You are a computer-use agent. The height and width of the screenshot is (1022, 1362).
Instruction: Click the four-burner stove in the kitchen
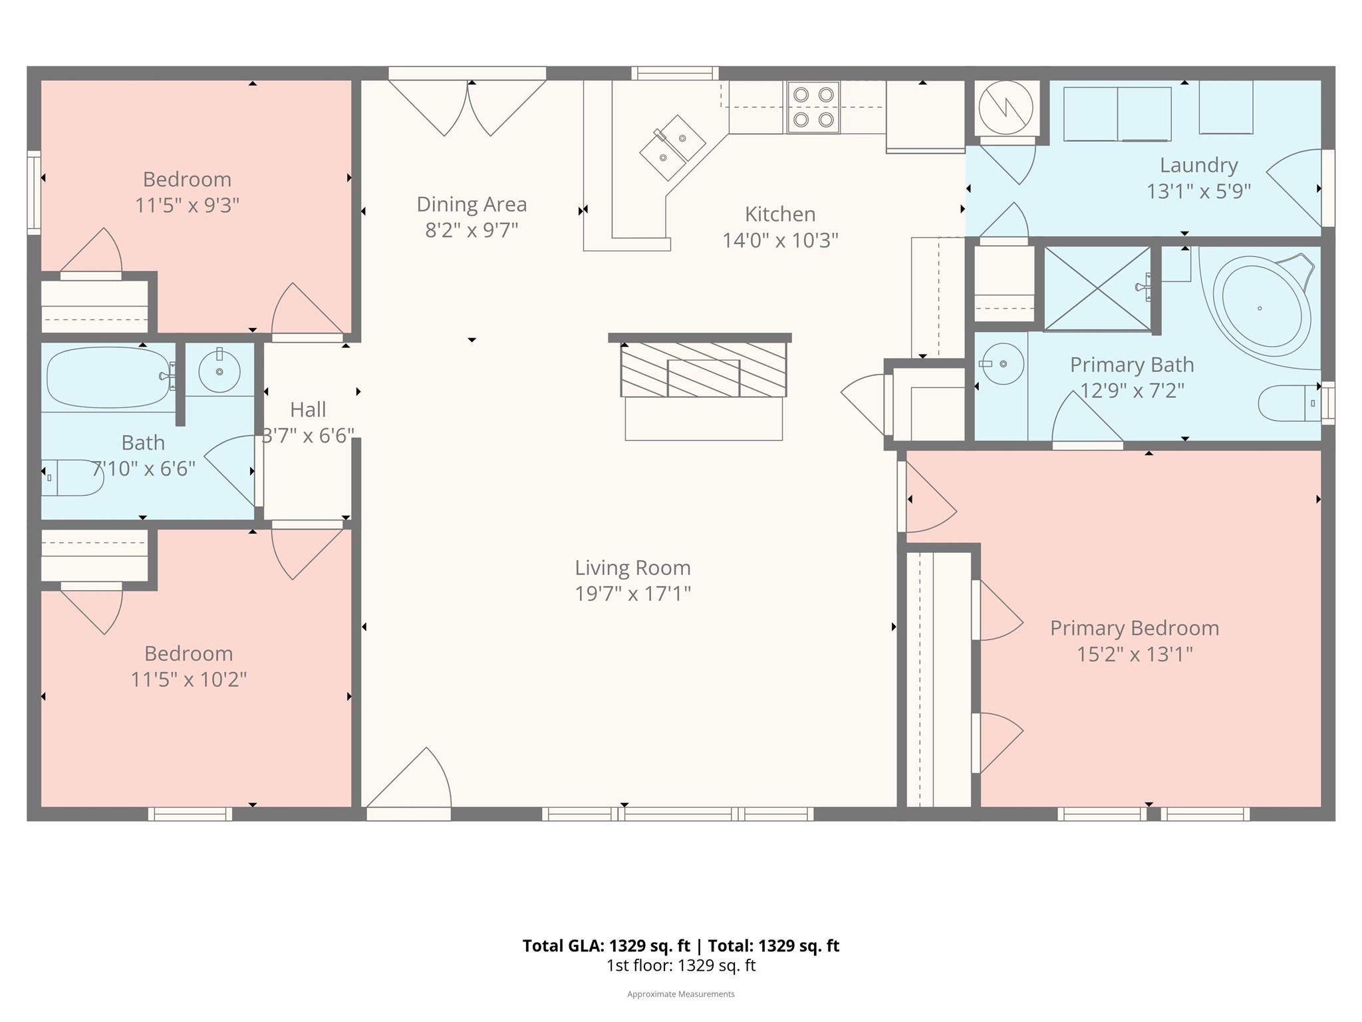point(813,107)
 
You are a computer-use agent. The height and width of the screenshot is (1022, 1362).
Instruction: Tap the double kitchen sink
point(672,148)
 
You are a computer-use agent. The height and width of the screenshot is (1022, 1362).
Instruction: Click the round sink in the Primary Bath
point(1003,364)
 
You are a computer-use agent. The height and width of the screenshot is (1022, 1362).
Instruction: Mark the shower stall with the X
point(1097,289)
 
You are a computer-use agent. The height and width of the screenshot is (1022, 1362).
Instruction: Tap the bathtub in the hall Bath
point(107,377)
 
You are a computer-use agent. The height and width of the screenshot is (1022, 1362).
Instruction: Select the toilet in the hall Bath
point(71,478)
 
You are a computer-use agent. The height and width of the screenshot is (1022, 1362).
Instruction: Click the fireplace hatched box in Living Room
point(704,369)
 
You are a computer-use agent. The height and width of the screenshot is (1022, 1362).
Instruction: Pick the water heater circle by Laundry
point(1006,108)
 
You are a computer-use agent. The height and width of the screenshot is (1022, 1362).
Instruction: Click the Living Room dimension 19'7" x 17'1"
point(632,594)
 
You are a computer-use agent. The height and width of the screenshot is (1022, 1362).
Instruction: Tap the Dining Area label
point(472,204)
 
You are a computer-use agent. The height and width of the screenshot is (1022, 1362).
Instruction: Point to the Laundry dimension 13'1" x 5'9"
point(1198,192)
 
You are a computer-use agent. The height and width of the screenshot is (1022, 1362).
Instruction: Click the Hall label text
point(308,409)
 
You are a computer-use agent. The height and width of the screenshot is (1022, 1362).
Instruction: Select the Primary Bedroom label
point(1134,628)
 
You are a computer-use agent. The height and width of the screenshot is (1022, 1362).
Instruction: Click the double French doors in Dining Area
point(468,106)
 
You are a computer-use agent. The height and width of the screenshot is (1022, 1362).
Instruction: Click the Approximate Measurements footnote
point(680,994)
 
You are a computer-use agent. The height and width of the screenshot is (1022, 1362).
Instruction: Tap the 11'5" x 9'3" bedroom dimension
point(187,206)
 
